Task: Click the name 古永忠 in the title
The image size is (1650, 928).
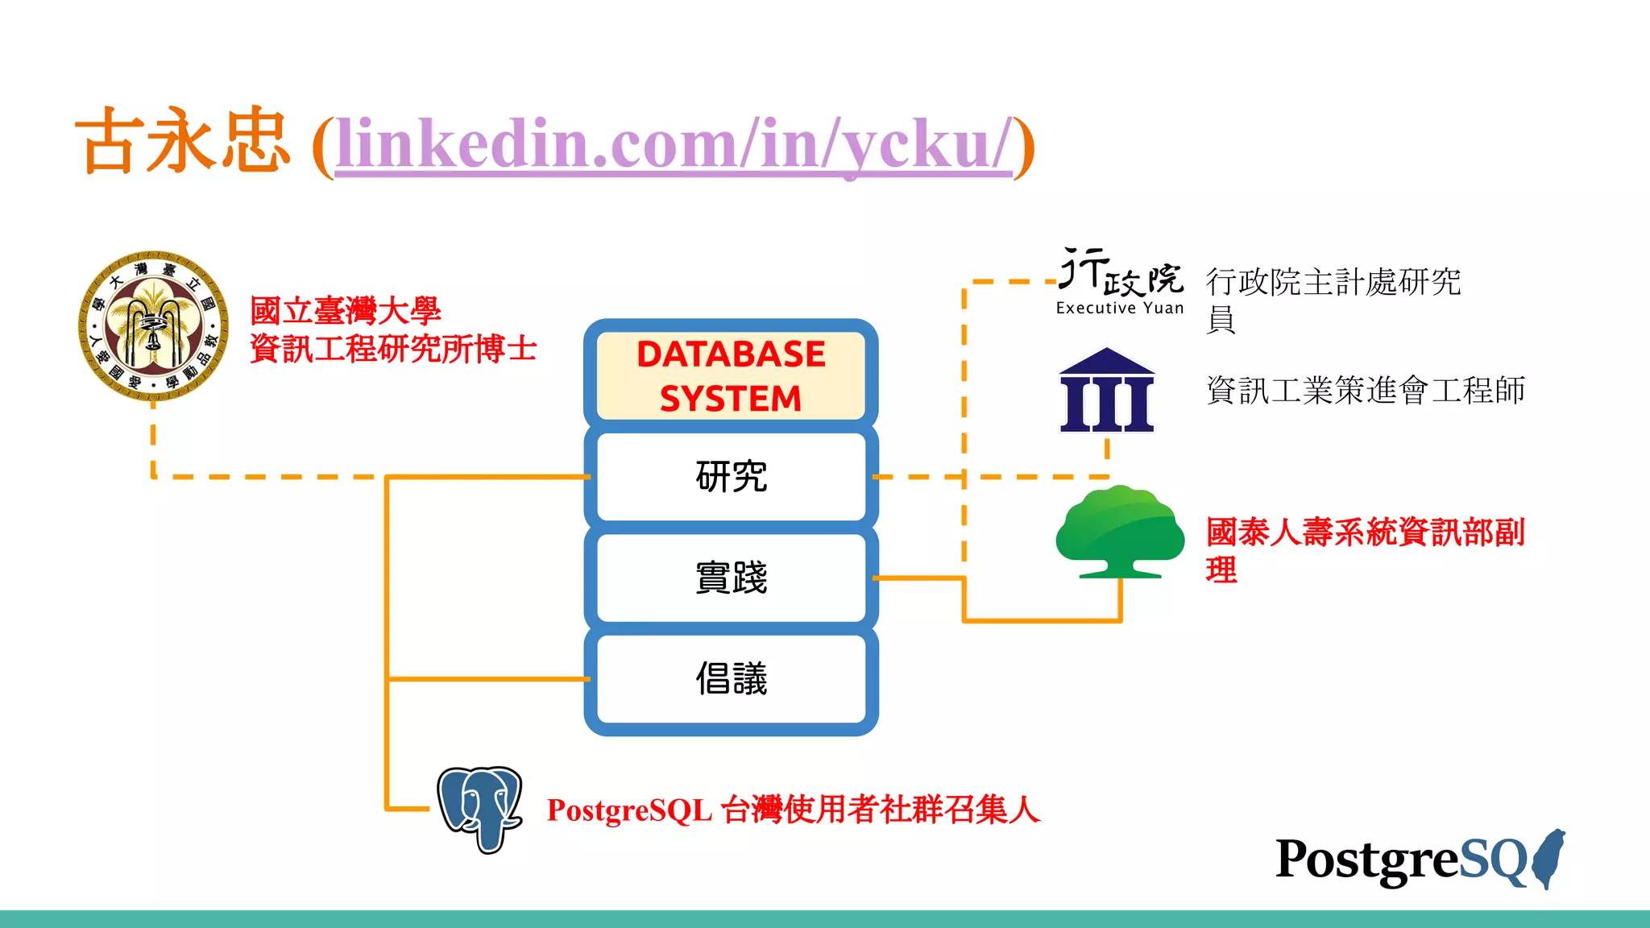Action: point(182,142)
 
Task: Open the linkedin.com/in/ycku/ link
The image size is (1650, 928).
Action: point(673,145)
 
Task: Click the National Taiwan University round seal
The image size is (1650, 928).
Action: point(153,325)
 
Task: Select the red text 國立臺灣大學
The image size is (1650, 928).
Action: point(345,311)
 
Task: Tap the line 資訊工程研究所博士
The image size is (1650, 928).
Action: point(393,350)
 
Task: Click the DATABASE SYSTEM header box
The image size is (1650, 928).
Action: point(731,376)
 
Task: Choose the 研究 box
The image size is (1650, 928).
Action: point(731,476)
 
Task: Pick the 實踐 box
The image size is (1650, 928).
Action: point(731,578)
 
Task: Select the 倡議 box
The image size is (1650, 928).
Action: point(731,678)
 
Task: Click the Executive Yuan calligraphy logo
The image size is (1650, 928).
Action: point(1120,272)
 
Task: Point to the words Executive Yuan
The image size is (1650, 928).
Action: point(1120,309)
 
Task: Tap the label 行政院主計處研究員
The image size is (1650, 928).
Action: point(1333,298)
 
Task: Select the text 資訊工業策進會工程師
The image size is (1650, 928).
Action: point(1366,391)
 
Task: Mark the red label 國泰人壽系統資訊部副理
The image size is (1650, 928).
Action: point(1365,549)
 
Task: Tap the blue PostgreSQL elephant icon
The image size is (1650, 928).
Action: point(480,808)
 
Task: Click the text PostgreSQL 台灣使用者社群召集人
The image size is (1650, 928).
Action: point(794,810)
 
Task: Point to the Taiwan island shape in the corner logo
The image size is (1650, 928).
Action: point(1549,859)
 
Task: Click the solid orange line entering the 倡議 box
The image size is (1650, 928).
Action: point(488,679)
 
